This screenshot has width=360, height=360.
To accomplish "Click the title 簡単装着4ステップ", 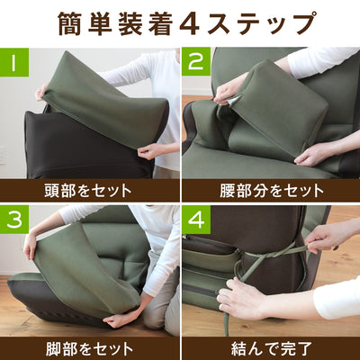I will [180, 22].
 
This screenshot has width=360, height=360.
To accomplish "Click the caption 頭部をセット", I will [87, 190].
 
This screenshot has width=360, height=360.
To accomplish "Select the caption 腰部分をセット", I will [270, 190].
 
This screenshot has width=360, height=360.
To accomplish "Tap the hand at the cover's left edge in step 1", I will [41, 92].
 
